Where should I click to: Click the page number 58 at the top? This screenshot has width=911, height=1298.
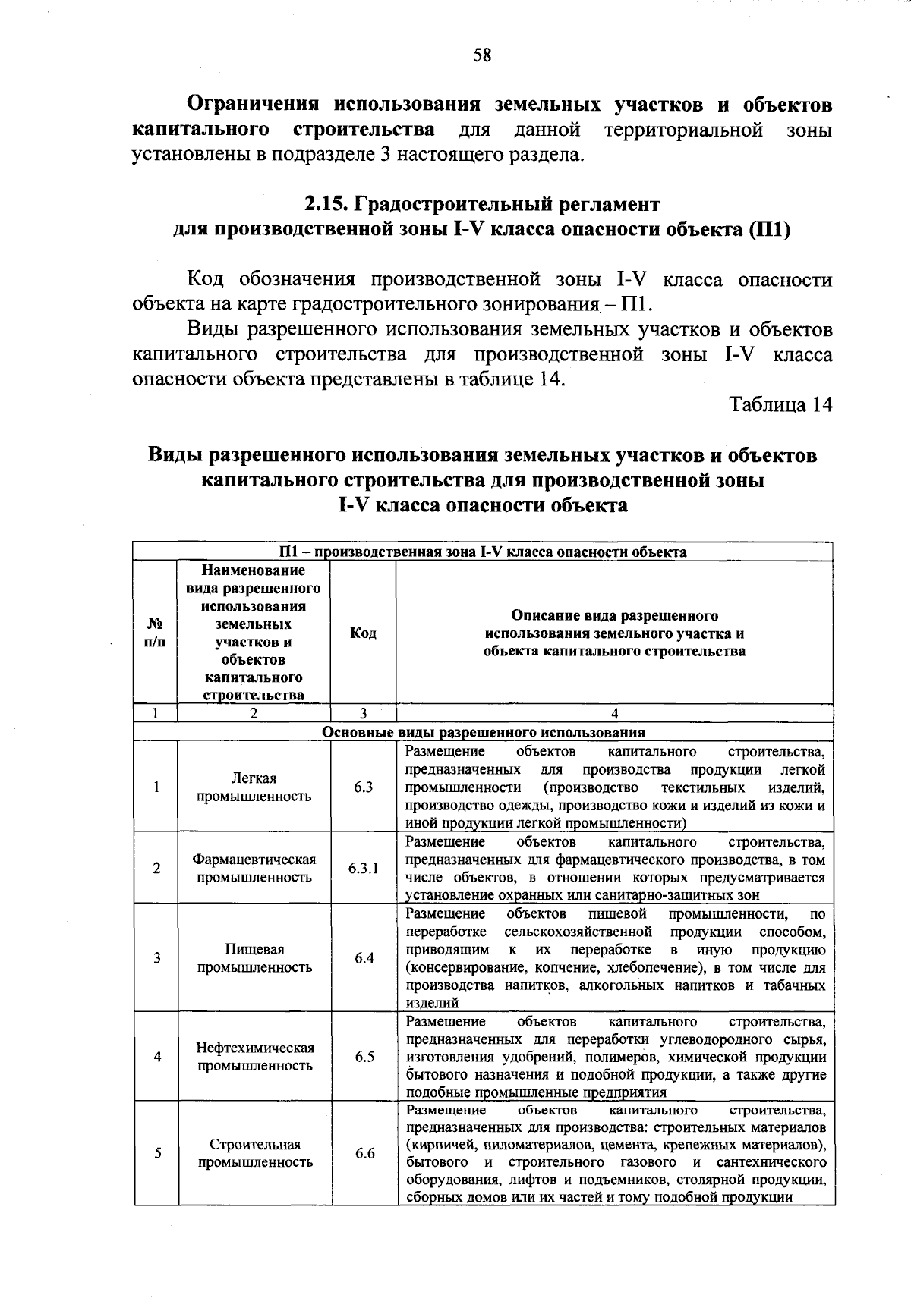pos(482,55)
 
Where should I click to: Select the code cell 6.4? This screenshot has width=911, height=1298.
pos(364,958)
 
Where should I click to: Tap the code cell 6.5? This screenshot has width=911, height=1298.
pos(364,1057)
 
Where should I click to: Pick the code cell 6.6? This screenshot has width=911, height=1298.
pos(364,1153)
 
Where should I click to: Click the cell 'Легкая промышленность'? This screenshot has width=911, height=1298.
pos(254,787)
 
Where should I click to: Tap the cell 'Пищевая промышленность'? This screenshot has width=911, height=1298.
pos(254,958)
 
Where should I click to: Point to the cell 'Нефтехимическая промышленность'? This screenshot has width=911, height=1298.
pos(254,1057)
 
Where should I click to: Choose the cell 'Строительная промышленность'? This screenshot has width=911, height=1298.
pos(255,1153)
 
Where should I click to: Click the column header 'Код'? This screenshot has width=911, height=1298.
pos(363,633)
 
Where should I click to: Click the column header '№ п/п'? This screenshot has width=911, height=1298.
pos(155,633)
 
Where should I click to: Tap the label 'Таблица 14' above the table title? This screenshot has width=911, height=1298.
pos(781,404)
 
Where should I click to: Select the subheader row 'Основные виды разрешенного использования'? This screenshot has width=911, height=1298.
pos(484,732)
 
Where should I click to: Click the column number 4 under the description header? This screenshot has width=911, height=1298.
pos(614,713)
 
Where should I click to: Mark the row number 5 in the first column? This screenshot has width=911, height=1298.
pos(157,1153)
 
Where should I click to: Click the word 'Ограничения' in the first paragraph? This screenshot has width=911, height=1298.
pos(254,105)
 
